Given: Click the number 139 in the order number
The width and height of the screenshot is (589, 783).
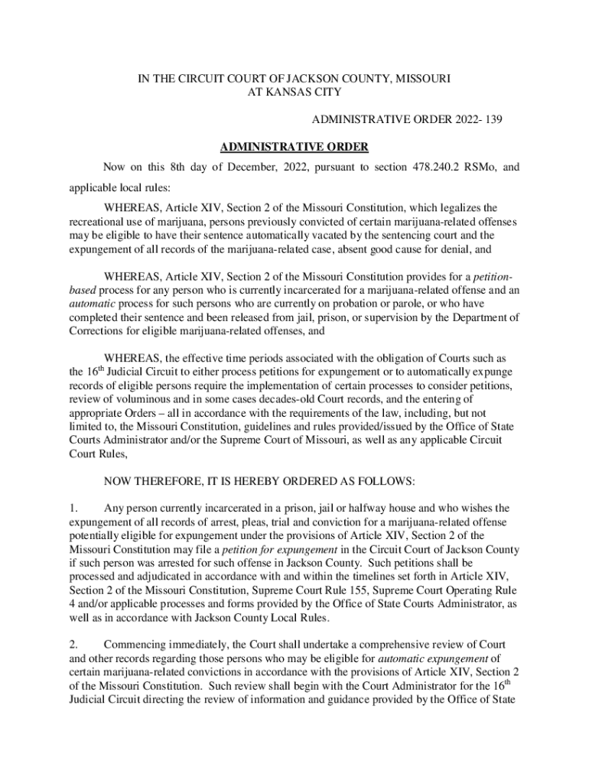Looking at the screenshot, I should click(491, 120).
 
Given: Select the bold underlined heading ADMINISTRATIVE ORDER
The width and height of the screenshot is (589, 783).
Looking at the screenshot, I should click(294, 146).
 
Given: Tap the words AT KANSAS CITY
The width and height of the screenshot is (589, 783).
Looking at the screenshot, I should click(294, 93).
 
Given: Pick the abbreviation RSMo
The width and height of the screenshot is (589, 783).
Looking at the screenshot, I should click(466, 167).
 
